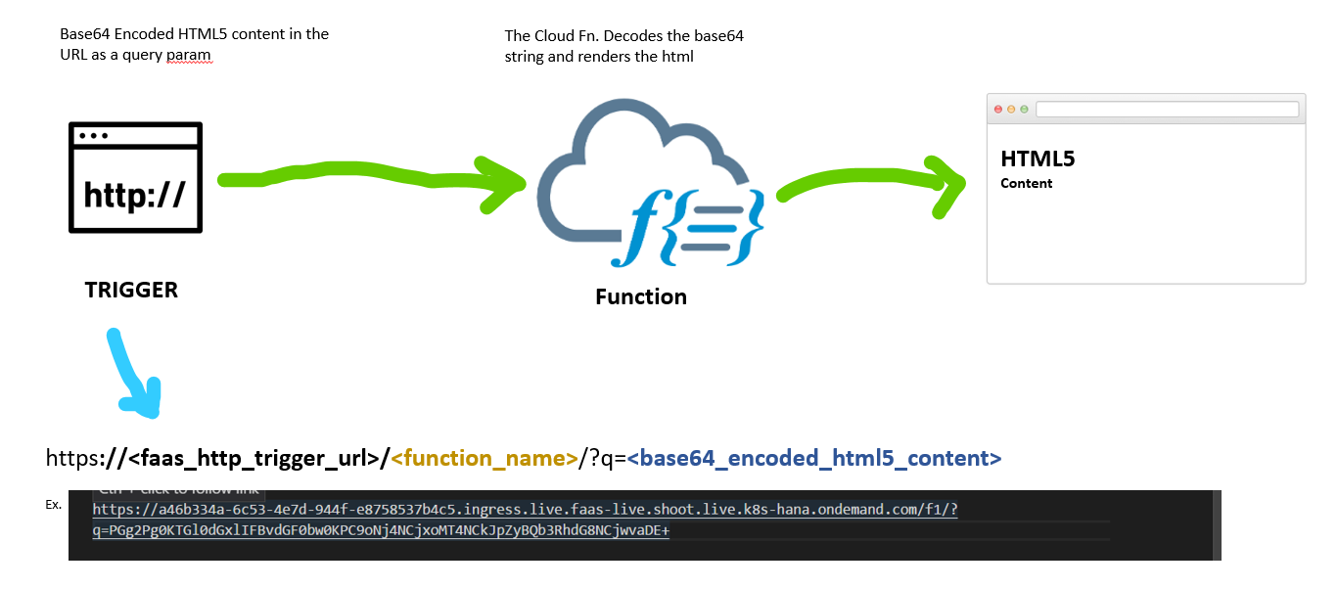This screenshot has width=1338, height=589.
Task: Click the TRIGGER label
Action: pyautogui.click(x=131, y=290)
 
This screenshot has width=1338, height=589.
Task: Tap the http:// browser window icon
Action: pyautogui.click(x=135, y=178)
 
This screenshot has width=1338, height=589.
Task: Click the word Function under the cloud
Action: pyautogui.click(x=641, y=296)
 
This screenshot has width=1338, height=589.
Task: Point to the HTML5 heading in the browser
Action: pyautogui.click(x=1038, y=159)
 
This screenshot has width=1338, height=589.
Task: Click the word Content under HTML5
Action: pyautogui.click(x=1026, y=183)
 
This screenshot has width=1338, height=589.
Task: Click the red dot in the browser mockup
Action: pyautogui.click(x=998, y=109)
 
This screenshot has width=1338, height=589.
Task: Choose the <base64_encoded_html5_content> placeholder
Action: pyautogui.click(x=814, y=458)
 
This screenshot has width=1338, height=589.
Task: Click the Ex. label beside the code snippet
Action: pyautogui.click(x=53, y=505)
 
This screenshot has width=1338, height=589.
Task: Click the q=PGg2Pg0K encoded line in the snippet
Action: pyautogui.click(x=381, y=530)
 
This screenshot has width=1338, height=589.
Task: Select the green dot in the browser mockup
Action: pyautogui.click(x=1024, y=109)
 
